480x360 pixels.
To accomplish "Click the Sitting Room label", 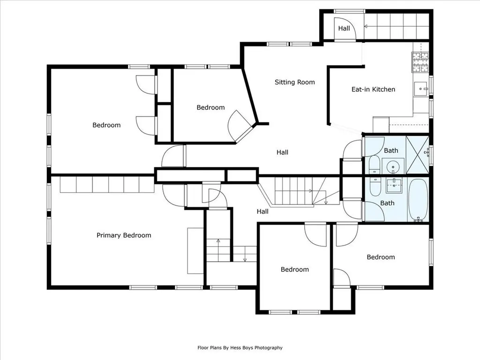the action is tap(294, 82).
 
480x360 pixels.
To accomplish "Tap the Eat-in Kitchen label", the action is tap(373, 90).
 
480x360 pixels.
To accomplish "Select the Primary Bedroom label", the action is tap(124, 235).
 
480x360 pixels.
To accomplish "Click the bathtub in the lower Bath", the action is tap(418, 200).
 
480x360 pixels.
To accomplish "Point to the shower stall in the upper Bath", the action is tap(417, 155).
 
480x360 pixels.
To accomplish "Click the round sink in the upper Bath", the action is tap(393, 167).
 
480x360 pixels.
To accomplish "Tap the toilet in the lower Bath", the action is tap(375, 187).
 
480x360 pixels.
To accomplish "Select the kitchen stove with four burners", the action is tap(420, 62).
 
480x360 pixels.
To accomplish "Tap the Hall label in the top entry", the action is tap(344, 29).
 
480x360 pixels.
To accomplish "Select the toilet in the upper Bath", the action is tap(374, 165).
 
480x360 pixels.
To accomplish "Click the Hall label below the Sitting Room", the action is tap(282, 152).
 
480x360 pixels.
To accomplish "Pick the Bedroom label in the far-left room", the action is tap(106, 125).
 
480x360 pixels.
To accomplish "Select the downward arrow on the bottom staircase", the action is tap(245, 254).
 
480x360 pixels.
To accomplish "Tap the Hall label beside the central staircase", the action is tap(262, 211).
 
